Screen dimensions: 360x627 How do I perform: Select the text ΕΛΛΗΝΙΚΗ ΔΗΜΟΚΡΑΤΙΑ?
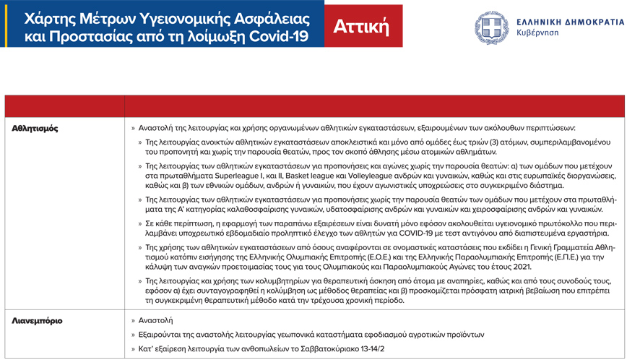(570, 21)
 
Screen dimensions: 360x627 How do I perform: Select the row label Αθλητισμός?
(35, 128)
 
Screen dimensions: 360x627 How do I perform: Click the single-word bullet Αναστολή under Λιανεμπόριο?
(155, 320)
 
